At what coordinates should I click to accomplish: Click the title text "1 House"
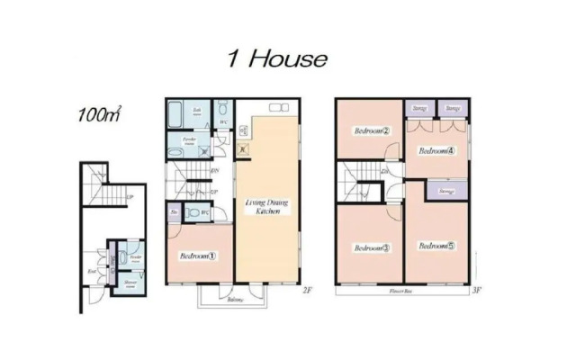pyautogui.click(x=276, y=60)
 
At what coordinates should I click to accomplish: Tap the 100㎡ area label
pyautogui.click(x=100, y=114)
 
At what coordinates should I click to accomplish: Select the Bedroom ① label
pyautogui.click(x=198, y=255)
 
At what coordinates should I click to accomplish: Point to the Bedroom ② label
pyautogui.click(x=371, y=130)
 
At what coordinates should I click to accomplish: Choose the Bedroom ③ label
pyautogui.click(x=371, y=247)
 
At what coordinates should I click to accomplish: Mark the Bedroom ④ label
pyautogui.click(x=438, y=150)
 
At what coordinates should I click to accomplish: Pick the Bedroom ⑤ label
pyautogui.click(x=438, y=245)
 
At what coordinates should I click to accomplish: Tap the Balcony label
pyautogui.click(x=236, y=299)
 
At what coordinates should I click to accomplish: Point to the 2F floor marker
pyautogui.click(x=307, y=290)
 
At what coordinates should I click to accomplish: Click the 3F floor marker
pyautogui.click(x=478, y=291)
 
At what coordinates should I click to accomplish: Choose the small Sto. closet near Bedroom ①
pyautogui.click(x=174, y=212)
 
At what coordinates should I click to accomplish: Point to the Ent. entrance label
pyautogui.click(x=93, y=271)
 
